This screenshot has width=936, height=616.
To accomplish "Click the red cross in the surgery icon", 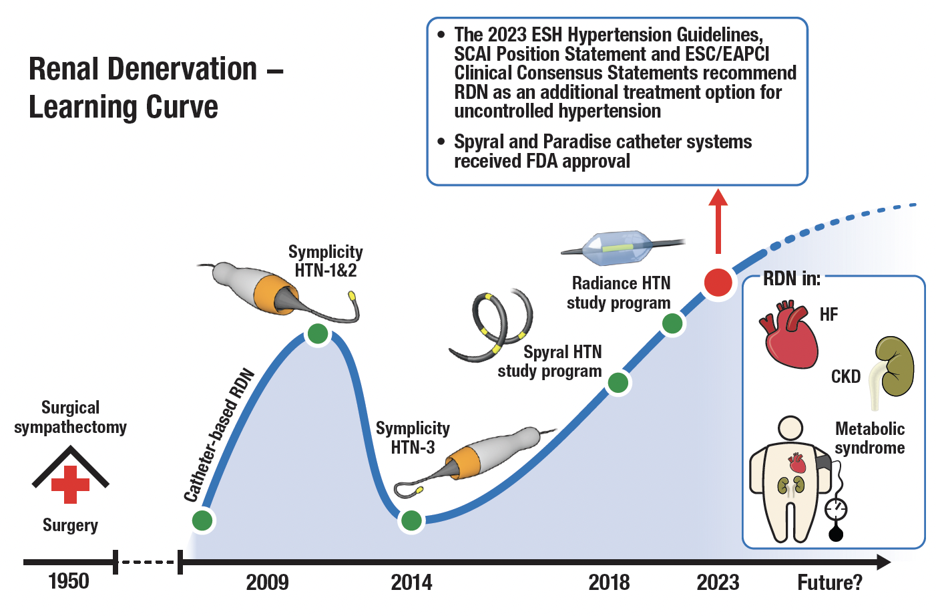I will pos(70,484).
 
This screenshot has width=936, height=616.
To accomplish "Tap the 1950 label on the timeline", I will pos(69,581).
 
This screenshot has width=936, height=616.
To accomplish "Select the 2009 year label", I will pos(267,583).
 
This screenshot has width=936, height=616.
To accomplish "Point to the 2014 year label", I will pos(411,583).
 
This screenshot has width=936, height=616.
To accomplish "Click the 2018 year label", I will pos(609,583).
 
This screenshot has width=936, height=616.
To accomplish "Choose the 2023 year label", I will pos(718,583).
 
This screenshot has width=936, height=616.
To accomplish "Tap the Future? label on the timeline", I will pos(830,583).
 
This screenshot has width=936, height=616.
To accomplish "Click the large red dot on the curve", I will pos(718,283).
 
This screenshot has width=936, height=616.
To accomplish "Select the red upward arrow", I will pos(718,220).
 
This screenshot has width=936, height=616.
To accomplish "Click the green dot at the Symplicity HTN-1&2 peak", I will pos(318,333).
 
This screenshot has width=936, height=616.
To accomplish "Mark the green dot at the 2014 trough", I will pos(411,520).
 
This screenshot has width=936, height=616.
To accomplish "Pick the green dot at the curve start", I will pos(202,520).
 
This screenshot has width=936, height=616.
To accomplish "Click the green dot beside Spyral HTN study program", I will pos(618,383).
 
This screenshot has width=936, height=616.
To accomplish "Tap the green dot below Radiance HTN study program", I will pos(672,323).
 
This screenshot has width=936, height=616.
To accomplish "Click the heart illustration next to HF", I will pos(789,335).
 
